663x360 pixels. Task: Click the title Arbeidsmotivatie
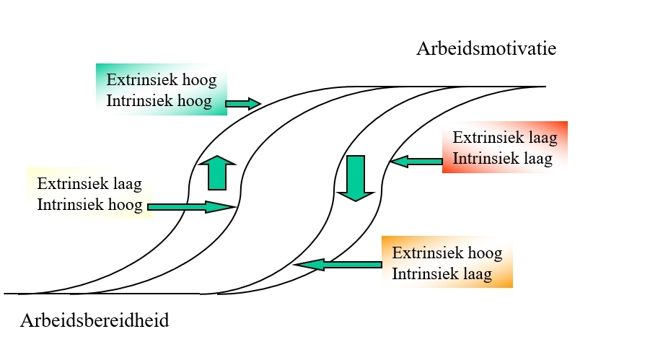(487, 49)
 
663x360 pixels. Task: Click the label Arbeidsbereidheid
(95, 320)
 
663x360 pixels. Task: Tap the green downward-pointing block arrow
(354, 177)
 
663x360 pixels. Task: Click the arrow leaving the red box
(416, 162)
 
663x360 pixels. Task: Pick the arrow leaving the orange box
(338, 265)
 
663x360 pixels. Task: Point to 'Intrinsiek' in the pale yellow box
(66, 204)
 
